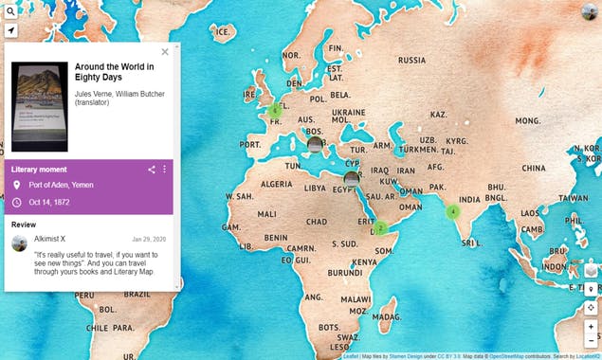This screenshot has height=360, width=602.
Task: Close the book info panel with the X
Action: [165, 52]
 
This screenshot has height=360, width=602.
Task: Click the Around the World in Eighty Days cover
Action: [39, 106]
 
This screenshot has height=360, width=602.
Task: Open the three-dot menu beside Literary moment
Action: [164, 170]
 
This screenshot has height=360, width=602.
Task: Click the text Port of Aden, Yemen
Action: [62, 186]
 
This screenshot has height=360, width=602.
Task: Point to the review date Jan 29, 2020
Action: [149, 239]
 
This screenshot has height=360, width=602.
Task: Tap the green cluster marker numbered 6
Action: [274, 110]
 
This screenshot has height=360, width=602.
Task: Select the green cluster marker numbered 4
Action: [453, 211]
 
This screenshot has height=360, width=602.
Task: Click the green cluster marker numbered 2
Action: [380, 227]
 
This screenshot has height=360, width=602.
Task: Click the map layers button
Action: [591, 269]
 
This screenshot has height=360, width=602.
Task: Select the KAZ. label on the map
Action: [438, 114]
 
